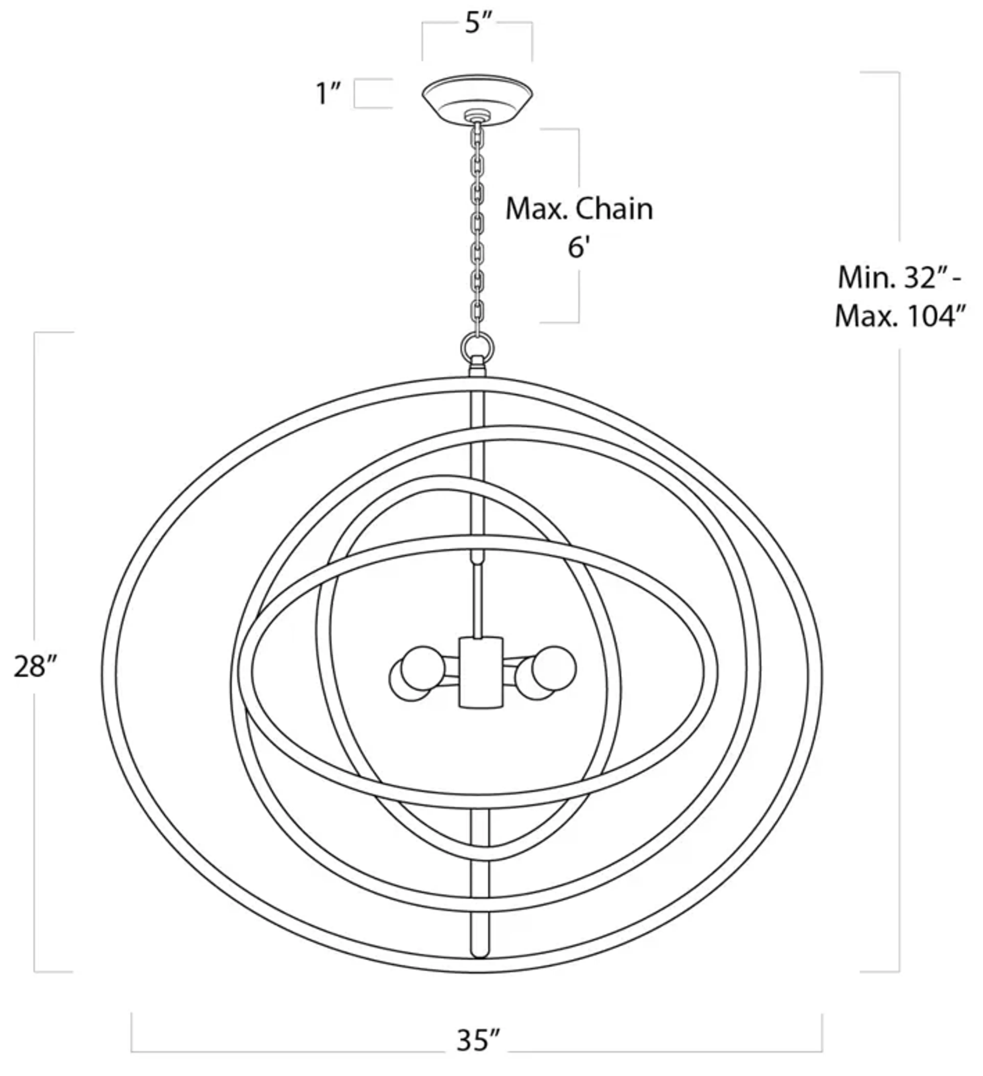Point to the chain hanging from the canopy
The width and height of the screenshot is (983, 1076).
coord(477,224)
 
